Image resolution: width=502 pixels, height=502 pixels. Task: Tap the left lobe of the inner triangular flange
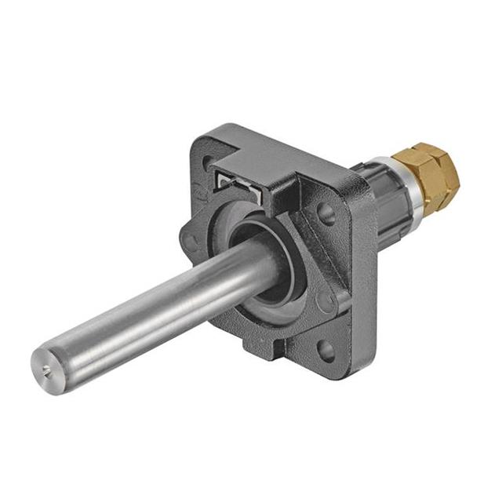[188, 239]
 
